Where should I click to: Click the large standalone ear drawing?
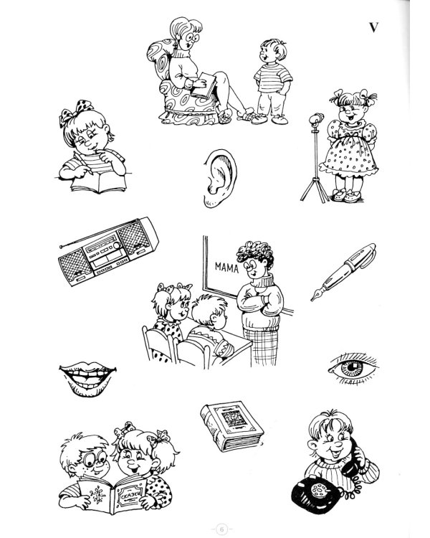218,180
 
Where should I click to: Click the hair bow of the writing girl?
73,115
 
